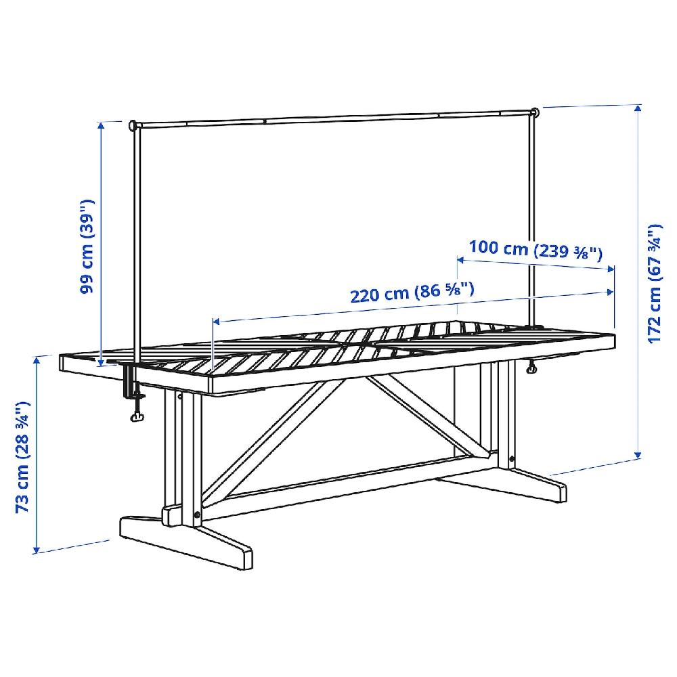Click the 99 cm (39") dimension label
pos(87,246)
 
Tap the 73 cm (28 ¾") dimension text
pos(22,457)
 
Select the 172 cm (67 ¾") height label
pos(655,284)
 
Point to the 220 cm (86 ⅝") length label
pos(412,292)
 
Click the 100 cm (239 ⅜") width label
pos(536,250)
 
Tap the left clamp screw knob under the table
pos(137,416)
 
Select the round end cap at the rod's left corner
pos(132,125)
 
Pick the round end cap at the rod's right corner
pos(536,112)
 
